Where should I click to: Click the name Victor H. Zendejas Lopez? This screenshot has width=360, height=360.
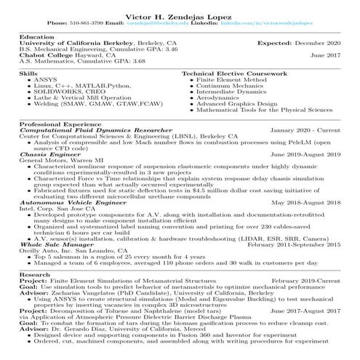[180, 15]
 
